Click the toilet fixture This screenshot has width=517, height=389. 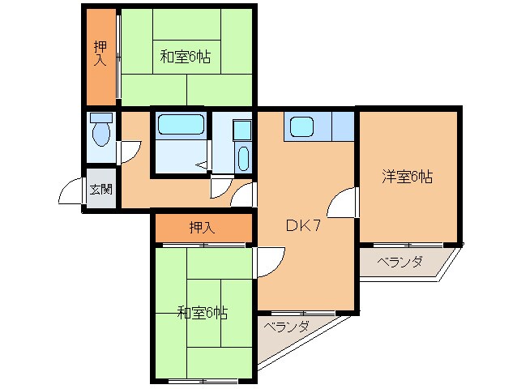tap(101, 130)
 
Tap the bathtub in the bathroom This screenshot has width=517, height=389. tap(181, 124)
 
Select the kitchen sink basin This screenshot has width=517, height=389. tap(301, 127)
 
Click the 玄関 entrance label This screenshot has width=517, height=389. tap(101, 189)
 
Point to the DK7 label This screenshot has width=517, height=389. tap(303, 225)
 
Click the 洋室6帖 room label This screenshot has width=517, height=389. tap(408, 177)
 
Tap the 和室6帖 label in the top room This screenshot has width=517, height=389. tap(186, 57)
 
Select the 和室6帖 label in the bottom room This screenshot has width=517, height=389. tap(202, 313)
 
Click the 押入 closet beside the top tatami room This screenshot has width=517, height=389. tap(101, 57)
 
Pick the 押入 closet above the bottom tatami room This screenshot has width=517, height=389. tap(203, 228)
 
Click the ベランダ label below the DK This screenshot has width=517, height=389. tap(286, 327)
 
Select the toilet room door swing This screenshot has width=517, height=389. tap(130, 152)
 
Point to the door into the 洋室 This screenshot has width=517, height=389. tap(343, 202)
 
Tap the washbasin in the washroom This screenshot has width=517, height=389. tap(243, 159)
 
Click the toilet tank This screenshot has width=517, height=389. tap(101, 118)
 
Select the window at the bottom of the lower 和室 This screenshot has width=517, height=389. tap(203, 381)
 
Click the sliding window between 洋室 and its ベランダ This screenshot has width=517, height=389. tap(408, 245)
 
